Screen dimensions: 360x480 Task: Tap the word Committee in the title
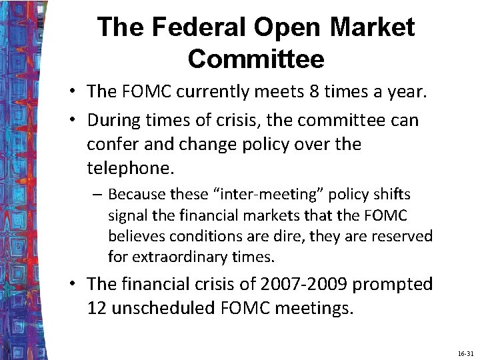256,59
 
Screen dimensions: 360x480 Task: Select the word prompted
393,284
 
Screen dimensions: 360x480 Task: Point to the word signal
127,215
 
